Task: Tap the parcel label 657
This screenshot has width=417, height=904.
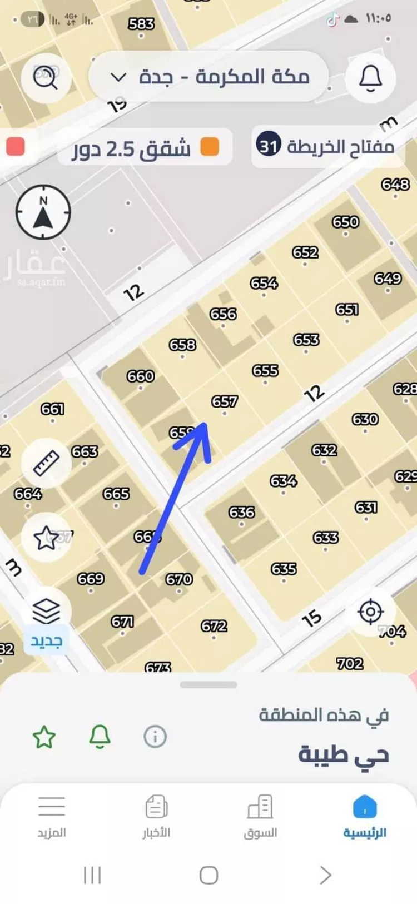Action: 225,401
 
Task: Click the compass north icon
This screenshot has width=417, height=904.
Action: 43,212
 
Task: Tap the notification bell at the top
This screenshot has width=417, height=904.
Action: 370,78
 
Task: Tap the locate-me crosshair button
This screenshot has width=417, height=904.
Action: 370,612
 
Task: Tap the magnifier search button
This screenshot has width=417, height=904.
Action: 46,78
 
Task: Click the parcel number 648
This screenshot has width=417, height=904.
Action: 395,185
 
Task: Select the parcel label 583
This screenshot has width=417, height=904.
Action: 141,24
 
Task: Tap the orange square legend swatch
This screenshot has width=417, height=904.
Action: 210,147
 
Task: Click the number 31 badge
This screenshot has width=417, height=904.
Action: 269,146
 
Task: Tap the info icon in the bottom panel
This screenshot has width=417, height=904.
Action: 155,737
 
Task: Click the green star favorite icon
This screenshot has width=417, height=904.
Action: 44,737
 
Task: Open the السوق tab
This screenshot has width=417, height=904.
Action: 260,816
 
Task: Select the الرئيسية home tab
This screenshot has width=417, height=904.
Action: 365,816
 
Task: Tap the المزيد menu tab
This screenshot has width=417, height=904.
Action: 52,816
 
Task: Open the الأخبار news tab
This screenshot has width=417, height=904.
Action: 156,816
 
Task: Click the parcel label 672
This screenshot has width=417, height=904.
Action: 214,627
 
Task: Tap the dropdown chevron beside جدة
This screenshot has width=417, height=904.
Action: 118,77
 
